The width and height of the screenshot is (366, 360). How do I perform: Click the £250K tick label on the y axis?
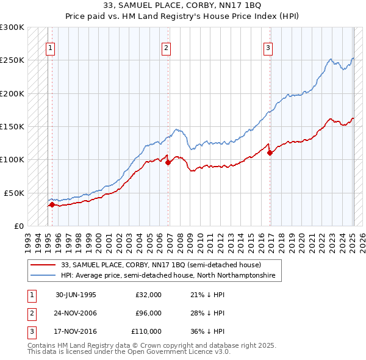click(x=12, y=60)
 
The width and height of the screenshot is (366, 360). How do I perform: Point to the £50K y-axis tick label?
click(x=14, y=193)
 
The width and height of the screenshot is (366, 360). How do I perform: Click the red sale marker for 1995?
click(x=52, y=205)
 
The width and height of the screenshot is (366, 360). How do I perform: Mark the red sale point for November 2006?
click(x=168, y=162)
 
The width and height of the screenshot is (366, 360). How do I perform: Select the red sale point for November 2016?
click(x=270, y=153)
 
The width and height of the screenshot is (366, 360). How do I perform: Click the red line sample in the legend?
click(x=43, y=265)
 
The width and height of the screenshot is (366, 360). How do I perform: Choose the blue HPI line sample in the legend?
click(x=43, y=276)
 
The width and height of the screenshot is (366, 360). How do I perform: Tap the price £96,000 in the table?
click(x=148, y=313)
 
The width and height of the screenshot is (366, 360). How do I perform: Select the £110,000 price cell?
click(x=147, y=331)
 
